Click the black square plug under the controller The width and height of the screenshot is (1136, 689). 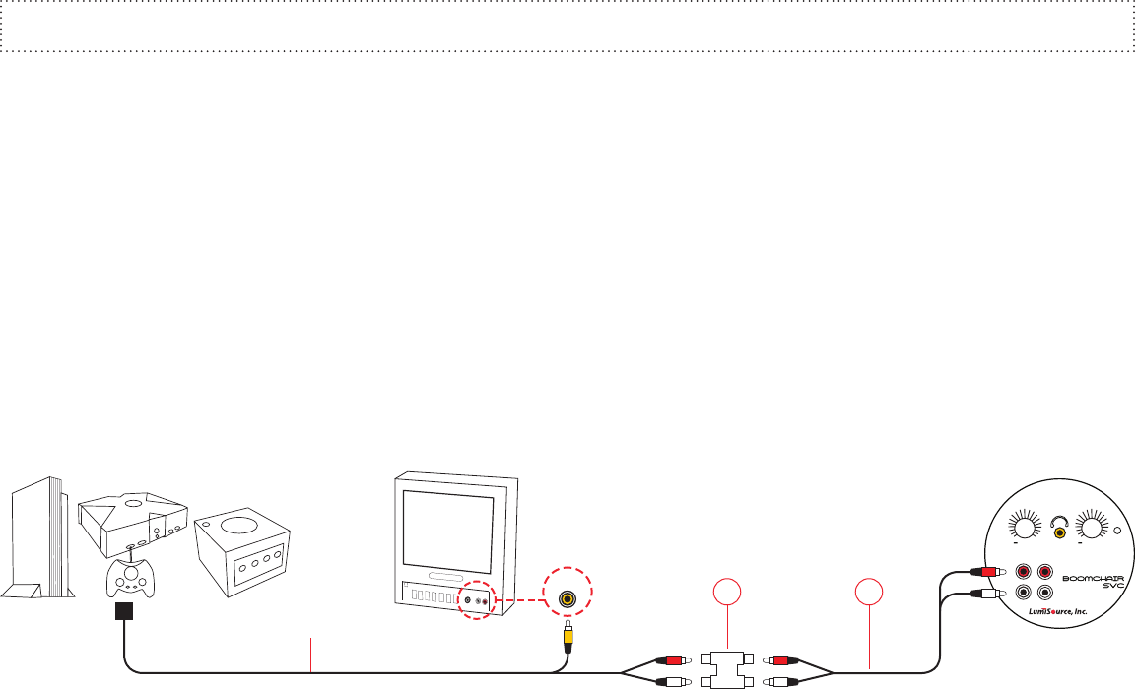(124, 612)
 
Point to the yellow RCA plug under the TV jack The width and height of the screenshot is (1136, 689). (568, 637)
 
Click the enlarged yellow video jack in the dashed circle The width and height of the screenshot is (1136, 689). (567, 597)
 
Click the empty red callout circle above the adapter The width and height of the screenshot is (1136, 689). (726, 595)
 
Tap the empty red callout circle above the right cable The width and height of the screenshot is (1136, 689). (869, 595)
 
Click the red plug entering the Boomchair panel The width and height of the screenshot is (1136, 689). (986, 572)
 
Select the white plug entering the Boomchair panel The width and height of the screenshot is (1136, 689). (986, 593)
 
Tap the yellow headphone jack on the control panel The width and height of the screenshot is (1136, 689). (1060, 532)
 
